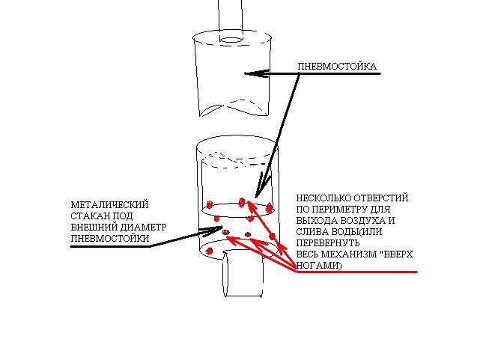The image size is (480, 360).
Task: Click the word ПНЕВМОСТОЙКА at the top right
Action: tap(337, 67)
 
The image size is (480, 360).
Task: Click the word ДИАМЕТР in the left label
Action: tap(142, 227)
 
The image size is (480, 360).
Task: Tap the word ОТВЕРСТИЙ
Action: tap(381, 198)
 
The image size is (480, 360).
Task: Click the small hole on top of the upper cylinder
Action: tap(231, 37)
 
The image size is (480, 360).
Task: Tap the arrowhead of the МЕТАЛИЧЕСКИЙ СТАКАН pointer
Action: tap(199, 231)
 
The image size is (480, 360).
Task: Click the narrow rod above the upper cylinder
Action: tap(231, 13)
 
